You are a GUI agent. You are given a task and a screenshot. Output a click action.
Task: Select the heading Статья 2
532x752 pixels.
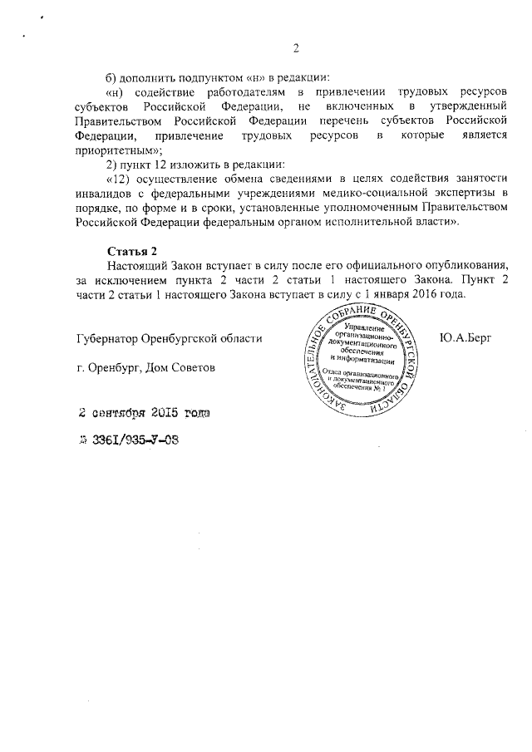132,252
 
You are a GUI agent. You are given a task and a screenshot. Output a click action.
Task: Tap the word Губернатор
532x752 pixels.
104,338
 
